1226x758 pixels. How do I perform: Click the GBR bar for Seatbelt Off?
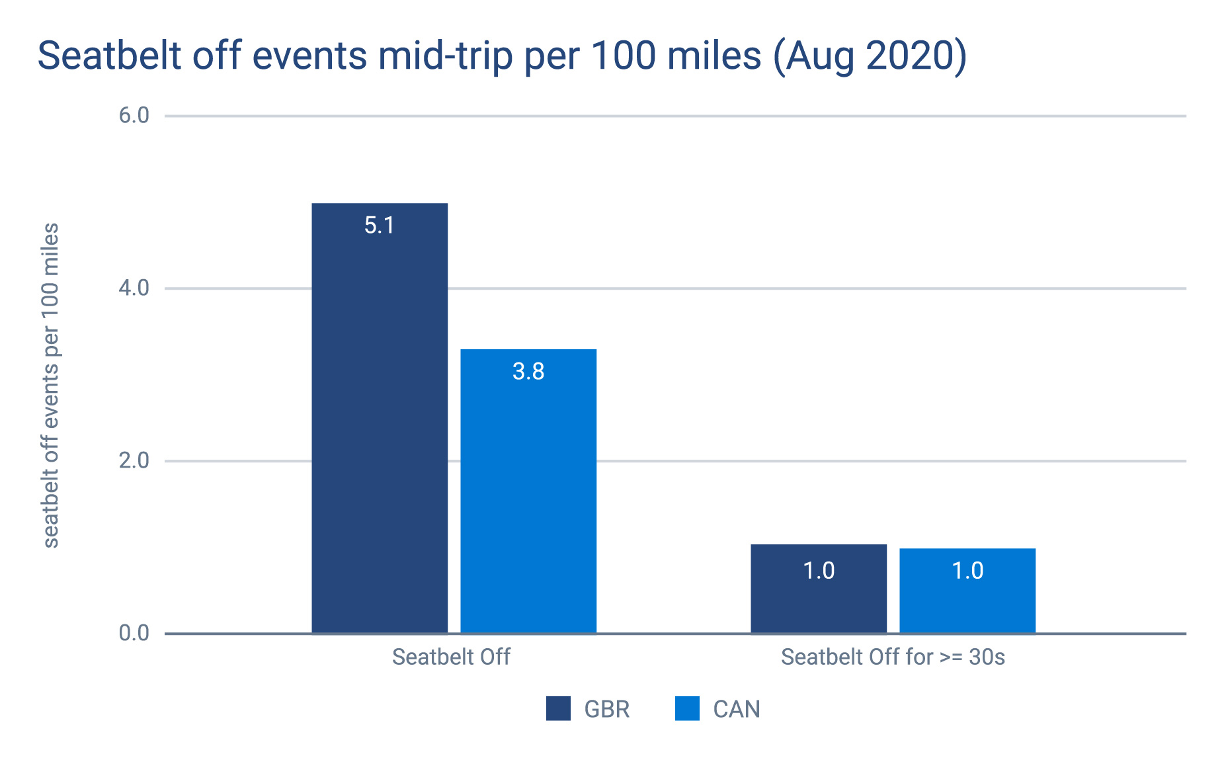tap(380, 423)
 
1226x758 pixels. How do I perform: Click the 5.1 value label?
tap(380, 226)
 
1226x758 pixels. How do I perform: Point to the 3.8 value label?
tap(528, 372)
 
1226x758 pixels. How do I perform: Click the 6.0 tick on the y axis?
tap(134, 116)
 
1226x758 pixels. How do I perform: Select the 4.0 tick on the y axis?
tap(134, 288)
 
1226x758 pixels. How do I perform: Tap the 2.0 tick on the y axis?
tap(134, 461)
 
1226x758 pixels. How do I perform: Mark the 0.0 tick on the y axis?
tap(134, 634)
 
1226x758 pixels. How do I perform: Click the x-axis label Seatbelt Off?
tap(451, 657)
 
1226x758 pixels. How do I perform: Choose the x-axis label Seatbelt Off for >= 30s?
tap(893, 657)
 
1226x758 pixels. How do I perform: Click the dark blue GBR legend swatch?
tap(558, 708)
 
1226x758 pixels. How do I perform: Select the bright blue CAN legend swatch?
tap(687, 708)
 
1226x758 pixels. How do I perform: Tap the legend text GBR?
tap(607, 709)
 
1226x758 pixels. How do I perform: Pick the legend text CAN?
tap(737, 709)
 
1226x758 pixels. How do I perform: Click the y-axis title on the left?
tap(51, 385)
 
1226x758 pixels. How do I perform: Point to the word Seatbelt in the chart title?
tap(109, 56)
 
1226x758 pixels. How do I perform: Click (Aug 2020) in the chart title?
tap(870, 56)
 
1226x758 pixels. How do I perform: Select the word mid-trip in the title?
tap(446, 56)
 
